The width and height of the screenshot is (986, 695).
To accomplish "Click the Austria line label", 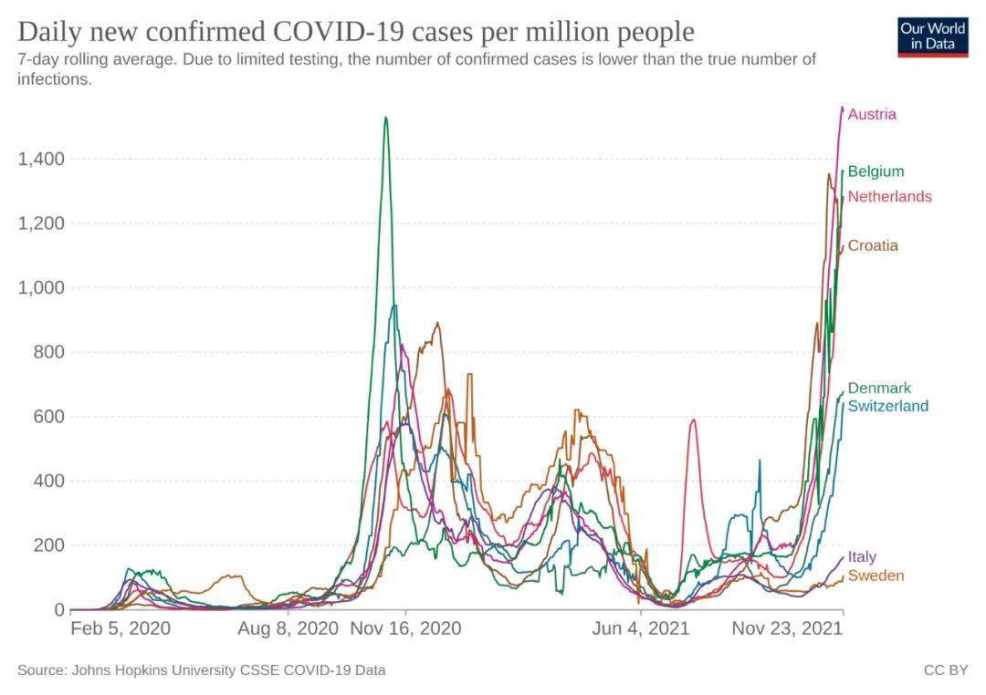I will point(872,115).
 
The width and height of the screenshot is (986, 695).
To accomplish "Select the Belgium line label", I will point(876,171).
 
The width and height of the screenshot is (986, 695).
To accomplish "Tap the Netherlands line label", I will point(889,197).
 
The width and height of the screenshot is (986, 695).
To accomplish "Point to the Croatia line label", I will point(873,245).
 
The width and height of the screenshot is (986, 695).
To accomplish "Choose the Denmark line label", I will point(879,389).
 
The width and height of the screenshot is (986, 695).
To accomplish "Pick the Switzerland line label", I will point(887,406).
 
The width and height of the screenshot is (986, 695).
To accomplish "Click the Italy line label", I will point(862,557).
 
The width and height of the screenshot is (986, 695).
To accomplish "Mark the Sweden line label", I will point(876,576).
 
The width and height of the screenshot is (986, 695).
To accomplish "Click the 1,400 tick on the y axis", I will point(41,160).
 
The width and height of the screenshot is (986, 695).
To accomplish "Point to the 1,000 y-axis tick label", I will point(41,288).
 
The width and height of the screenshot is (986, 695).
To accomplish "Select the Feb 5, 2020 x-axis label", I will point(121,628).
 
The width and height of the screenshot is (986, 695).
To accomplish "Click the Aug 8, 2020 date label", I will point(288,628).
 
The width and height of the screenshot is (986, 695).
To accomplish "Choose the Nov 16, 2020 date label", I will point(405,628).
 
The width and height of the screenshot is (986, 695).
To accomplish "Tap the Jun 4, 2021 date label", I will point(641,628).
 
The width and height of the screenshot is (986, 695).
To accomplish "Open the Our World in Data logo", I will point(932,36).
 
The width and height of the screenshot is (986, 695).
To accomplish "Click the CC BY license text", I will point(945,670).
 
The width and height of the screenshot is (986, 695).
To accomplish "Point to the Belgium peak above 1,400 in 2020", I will point(386,118).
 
